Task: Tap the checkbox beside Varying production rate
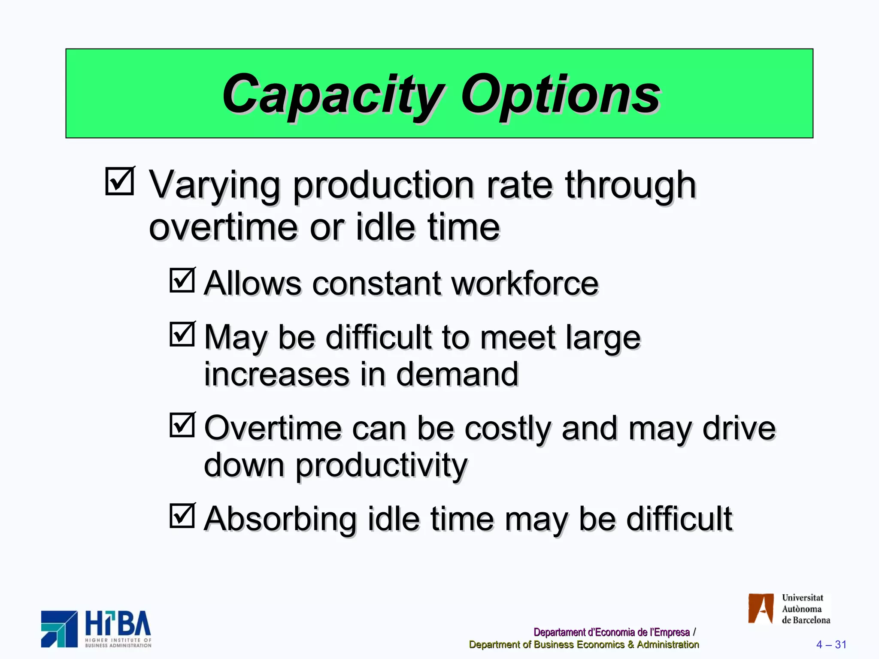[x=120, y=181]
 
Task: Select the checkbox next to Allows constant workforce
[x=182, y=280]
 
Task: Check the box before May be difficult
[x=182, y=334]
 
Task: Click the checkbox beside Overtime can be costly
[x=182, y=425]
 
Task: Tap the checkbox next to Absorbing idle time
[x=182, y=516]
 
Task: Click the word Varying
[x=215, y=185]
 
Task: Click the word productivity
[x=381, y=466]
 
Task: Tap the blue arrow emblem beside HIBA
[x=59, y=629]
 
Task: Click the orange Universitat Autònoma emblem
[x=761, y=608]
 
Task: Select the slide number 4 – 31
[x=831, y=644]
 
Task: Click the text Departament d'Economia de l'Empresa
[x=611, y=632]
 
